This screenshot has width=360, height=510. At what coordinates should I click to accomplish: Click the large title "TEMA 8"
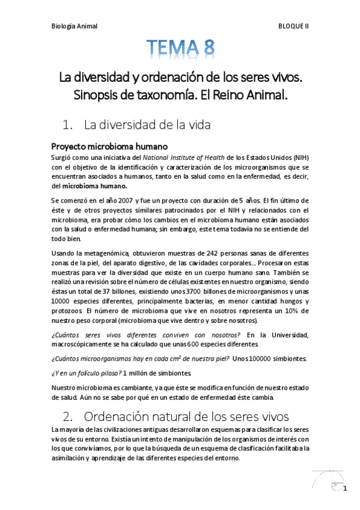coord(180,48)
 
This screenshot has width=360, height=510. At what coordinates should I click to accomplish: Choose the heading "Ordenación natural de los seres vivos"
coord(186,416)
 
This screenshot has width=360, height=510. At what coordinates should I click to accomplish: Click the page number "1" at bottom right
coord(345,487)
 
